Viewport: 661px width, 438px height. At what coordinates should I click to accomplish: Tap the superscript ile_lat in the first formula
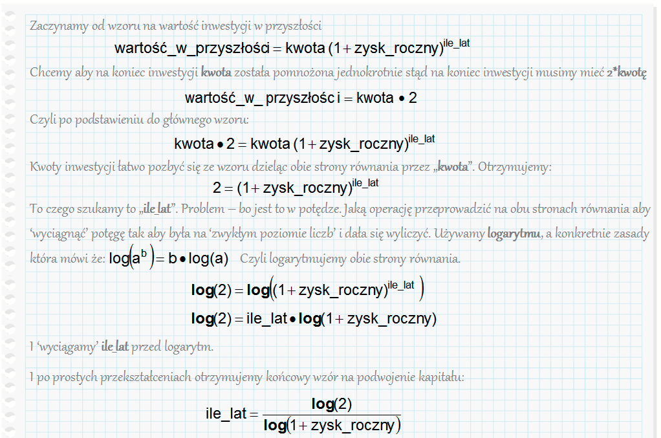click(456, 43)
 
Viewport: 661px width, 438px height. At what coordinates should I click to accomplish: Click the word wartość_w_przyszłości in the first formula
click(191, 48)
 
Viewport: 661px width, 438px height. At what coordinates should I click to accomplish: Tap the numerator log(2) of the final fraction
click(331, 404)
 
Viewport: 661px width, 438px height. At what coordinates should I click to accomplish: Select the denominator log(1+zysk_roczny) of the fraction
click(332, 425)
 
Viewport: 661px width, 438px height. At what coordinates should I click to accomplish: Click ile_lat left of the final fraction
click(226, 414)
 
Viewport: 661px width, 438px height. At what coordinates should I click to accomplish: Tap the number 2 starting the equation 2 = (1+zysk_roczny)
click(217, 188)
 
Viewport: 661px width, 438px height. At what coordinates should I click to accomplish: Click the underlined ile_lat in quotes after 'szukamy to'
click(156, 210)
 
